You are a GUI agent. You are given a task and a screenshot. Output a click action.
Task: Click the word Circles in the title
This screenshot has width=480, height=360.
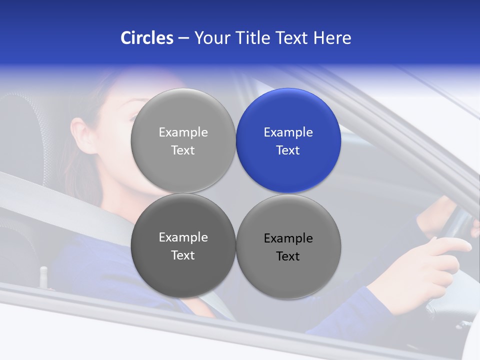coord(146,38)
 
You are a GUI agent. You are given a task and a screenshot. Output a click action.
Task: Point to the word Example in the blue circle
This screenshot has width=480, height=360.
coord(288,132)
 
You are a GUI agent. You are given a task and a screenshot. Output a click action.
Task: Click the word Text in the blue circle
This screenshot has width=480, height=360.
coord(288,150)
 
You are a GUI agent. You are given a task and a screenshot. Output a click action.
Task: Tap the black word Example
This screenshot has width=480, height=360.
coord(288,238)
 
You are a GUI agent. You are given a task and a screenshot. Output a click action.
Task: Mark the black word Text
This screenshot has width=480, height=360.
coord(288,256)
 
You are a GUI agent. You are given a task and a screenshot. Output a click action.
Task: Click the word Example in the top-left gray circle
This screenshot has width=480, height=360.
coord(183,132)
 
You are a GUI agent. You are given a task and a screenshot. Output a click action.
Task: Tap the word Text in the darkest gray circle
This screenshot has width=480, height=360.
coord(183,255)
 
